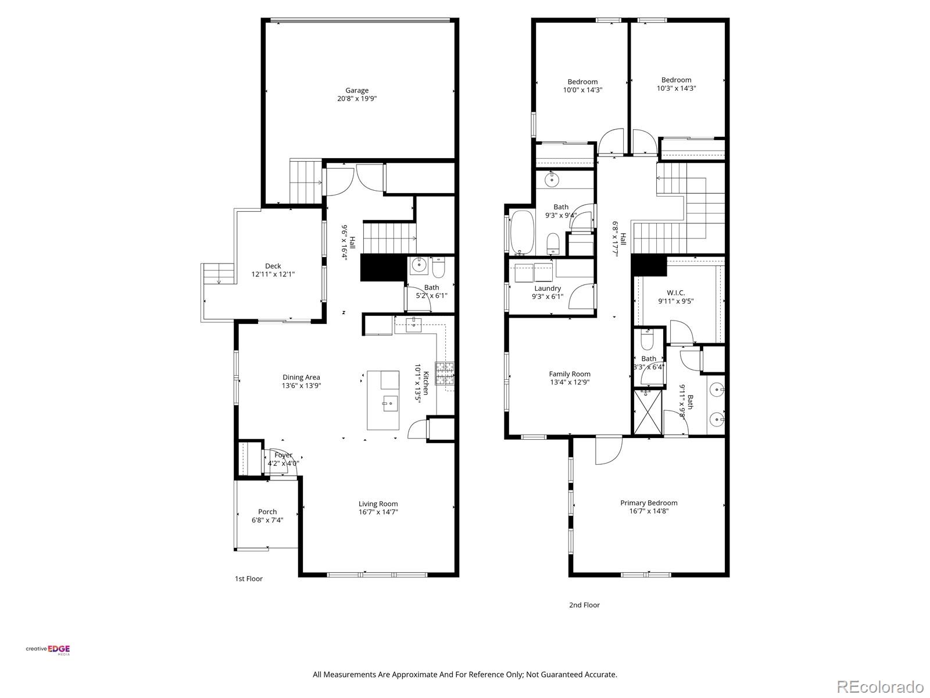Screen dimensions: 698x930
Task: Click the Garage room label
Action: tap(357, 90)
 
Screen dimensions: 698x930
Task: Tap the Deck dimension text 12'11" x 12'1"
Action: tap(273, 274)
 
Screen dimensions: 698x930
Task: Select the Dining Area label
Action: tap(301, 377)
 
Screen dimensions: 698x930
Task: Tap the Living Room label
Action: tap(378, 504)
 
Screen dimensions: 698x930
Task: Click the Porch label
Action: tap(267, 512)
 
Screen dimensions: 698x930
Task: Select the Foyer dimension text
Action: tap(284, 464)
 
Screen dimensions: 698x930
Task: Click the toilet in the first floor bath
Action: tap(438, 268)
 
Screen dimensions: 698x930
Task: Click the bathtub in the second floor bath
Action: tap(522, 233)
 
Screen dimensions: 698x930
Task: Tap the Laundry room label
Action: tap(548, 289)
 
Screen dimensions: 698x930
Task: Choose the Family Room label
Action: tap(570, 374)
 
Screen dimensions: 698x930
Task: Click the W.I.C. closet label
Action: tap(675, 293)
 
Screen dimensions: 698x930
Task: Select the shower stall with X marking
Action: tap(648, 412)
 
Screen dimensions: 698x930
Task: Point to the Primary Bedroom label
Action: tap(649, 503)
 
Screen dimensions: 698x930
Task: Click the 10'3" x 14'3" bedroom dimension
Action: tap(676, 88)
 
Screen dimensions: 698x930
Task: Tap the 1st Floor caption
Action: tap(249, 579)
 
